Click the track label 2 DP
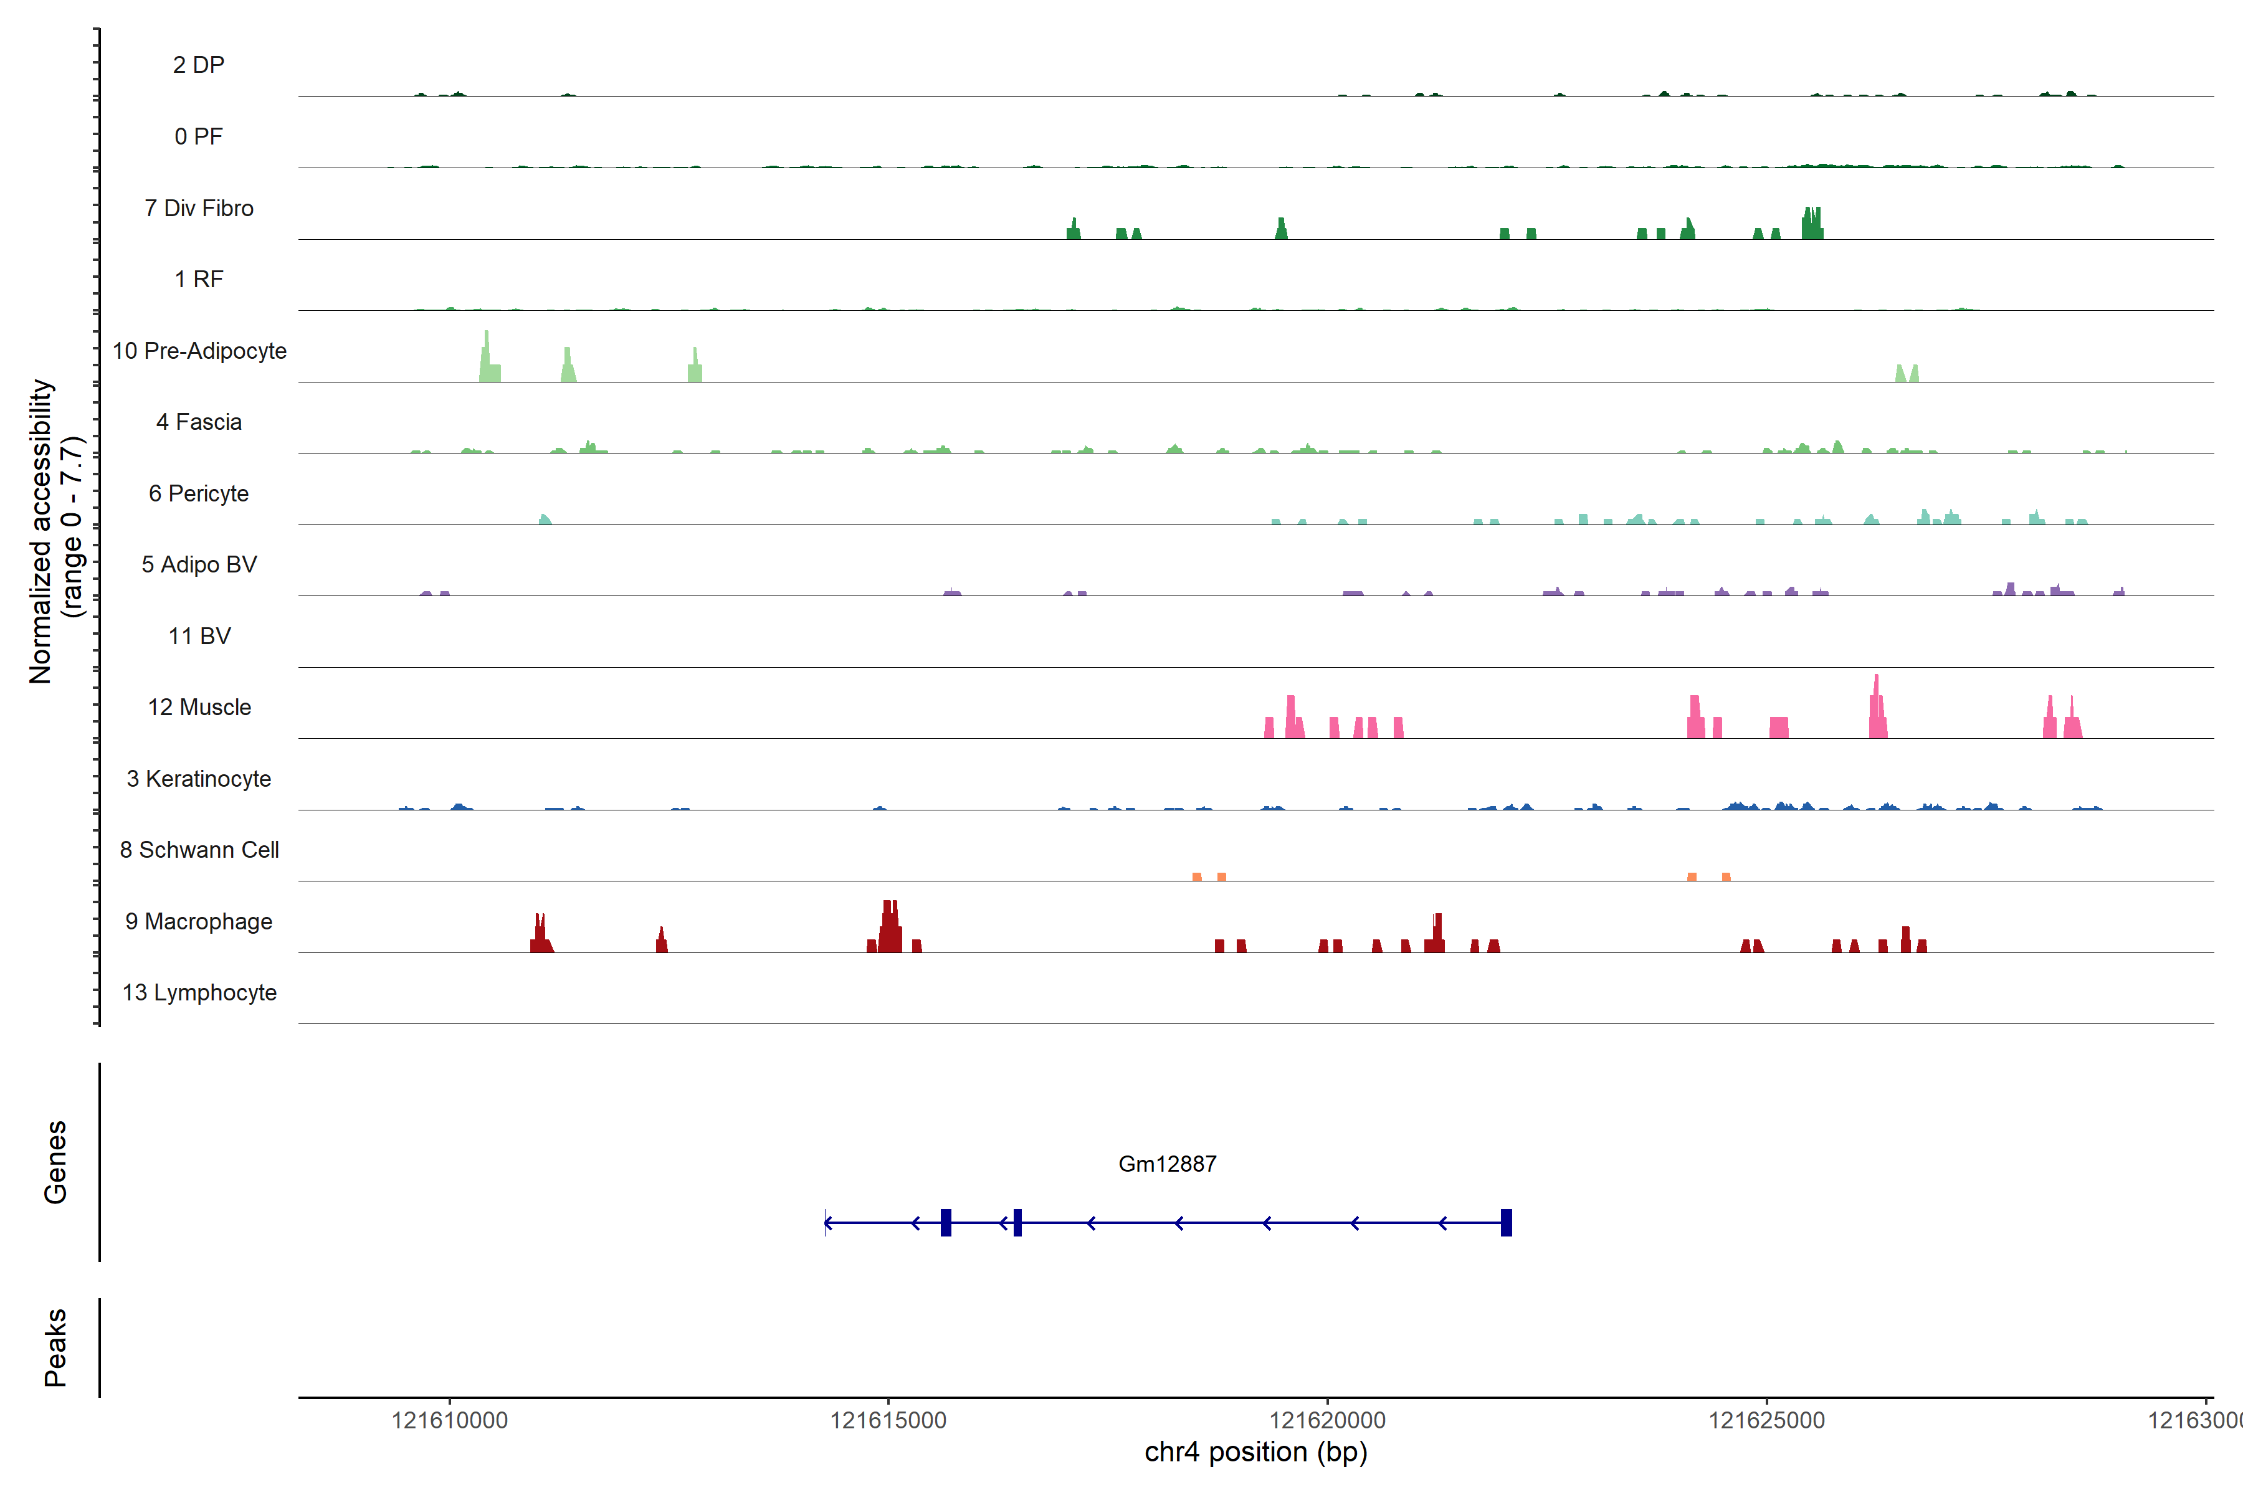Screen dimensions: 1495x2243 198,65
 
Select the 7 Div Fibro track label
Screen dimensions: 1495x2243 198,208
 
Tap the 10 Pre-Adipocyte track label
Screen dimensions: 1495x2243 198,351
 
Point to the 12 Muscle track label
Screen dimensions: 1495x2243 198,708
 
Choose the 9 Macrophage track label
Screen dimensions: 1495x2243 198,921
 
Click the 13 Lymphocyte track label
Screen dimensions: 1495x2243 198,992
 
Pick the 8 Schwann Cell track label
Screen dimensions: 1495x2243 198,850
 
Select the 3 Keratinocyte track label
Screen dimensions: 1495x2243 198,779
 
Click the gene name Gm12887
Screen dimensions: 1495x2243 1167,1164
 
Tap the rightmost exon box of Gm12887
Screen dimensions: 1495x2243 1506,1222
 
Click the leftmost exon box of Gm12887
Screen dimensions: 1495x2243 946,1222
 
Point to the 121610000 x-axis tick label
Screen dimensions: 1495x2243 449,1421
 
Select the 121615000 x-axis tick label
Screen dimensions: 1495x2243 888,1421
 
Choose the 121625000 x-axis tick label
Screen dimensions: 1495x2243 1766,1421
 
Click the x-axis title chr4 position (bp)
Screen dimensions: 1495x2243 1255,1452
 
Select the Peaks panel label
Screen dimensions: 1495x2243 55,1347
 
